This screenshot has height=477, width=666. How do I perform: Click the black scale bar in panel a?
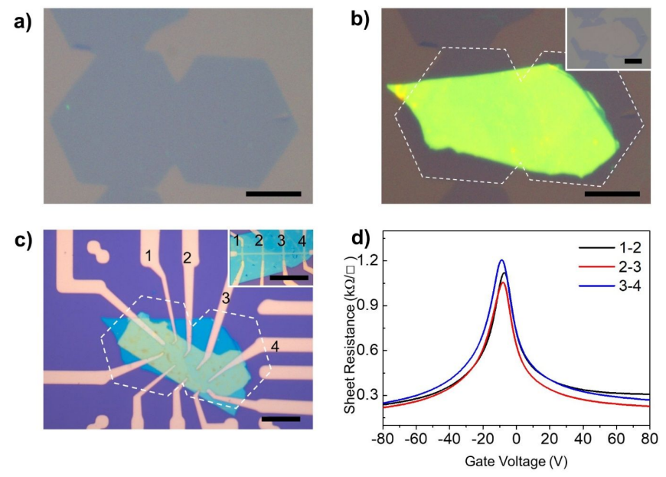point(273,193)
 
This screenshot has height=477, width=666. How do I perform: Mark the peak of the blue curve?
point(502,260)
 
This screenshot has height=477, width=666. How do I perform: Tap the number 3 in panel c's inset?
point(280,241)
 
